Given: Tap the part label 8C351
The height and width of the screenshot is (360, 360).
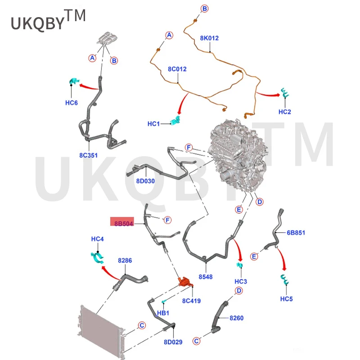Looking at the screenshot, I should coord(88,156).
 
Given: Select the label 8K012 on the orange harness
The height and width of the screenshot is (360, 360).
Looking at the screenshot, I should coord(209,38).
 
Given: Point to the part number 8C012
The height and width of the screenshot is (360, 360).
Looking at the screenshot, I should coord(177,69).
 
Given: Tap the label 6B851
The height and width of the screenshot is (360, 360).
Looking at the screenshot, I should coord(296,233).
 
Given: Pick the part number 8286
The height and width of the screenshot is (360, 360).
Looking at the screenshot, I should coord(125,261).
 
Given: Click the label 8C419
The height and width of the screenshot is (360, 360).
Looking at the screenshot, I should coord(191,300).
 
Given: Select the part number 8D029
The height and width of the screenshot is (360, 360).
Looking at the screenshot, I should coord(173,342).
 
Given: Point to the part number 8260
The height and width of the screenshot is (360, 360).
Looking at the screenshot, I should coord(236,318).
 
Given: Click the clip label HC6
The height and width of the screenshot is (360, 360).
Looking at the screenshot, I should coord(72,103).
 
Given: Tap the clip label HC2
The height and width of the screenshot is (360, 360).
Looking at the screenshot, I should coord(285,112).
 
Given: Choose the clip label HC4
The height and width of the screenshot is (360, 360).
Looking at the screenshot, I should coord(98,239).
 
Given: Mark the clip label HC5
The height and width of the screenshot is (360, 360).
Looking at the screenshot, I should coord(287,299).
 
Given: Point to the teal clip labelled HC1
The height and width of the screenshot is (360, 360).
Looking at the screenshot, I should coord(176,121).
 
